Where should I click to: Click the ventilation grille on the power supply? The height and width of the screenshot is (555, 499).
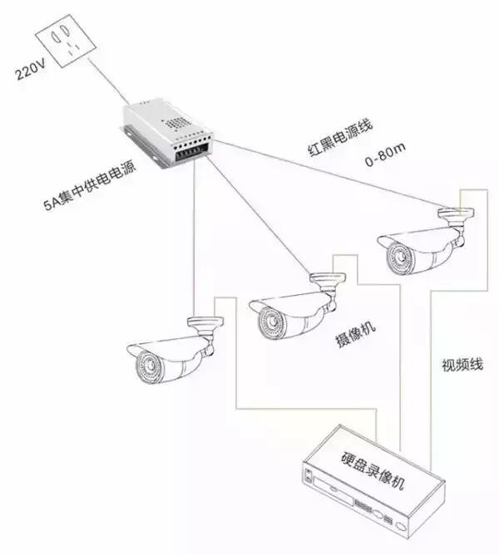[x=175, y=121]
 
